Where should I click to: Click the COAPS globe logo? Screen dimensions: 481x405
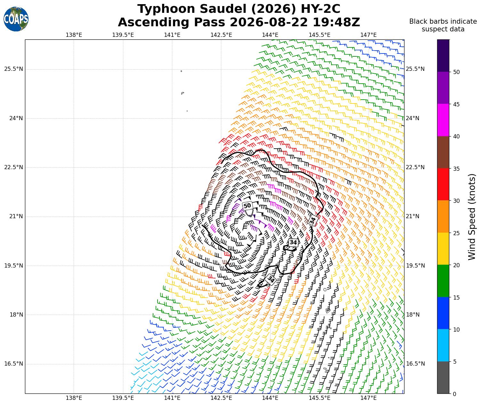(x=16, y=19)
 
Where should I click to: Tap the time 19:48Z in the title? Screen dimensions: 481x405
(x=336, y=22)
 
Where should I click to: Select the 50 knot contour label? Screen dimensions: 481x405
(x=247, y=206)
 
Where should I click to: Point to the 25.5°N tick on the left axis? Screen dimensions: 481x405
(x=13, y=69)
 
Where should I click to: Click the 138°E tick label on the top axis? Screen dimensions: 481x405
(x=74, y=35)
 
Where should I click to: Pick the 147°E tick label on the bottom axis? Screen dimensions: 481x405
(x=368, y=398)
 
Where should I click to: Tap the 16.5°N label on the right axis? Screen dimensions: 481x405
(x=415, y=364)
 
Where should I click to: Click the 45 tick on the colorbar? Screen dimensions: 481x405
(x=456, y=104)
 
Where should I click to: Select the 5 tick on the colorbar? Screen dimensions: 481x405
(x=454, y=362)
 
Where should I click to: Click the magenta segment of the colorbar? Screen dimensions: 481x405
(x=443, y=120)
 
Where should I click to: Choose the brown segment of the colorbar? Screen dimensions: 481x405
(x=443, y=152)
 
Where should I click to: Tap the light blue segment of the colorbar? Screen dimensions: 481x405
(x=443, y=345)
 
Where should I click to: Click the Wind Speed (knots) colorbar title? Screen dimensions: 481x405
(x=472, y=217)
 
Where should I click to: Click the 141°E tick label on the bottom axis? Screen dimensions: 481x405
(x=172, y=398)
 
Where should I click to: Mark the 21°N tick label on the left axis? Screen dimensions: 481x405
(x=16, y=217)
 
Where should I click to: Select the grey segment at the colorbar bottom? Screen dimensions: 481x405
(x=443, y=377)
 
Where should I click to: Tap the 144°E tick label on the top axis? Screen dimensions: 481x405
(x=270, y=35)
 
